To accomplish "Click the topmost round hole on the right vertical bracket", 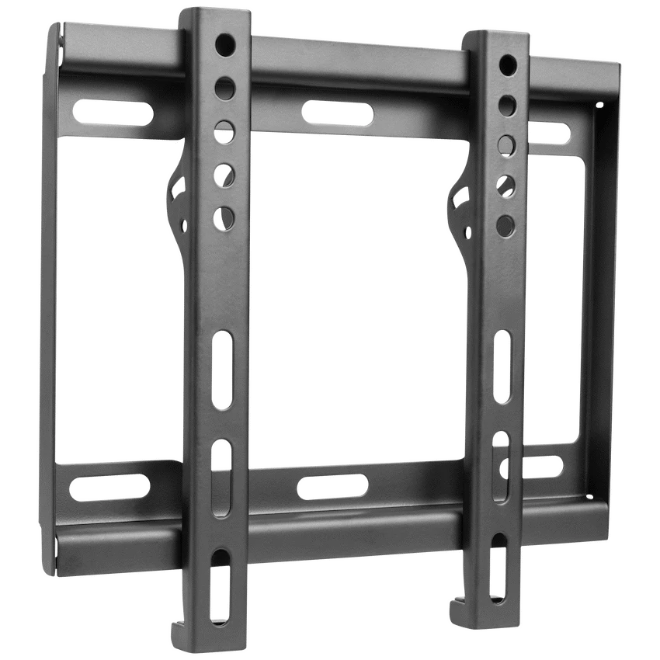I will coord(508,63).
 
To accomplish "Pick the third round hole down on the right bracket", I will coord(507,144).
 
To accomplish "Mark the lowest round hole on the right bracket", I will coord(505,225).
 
